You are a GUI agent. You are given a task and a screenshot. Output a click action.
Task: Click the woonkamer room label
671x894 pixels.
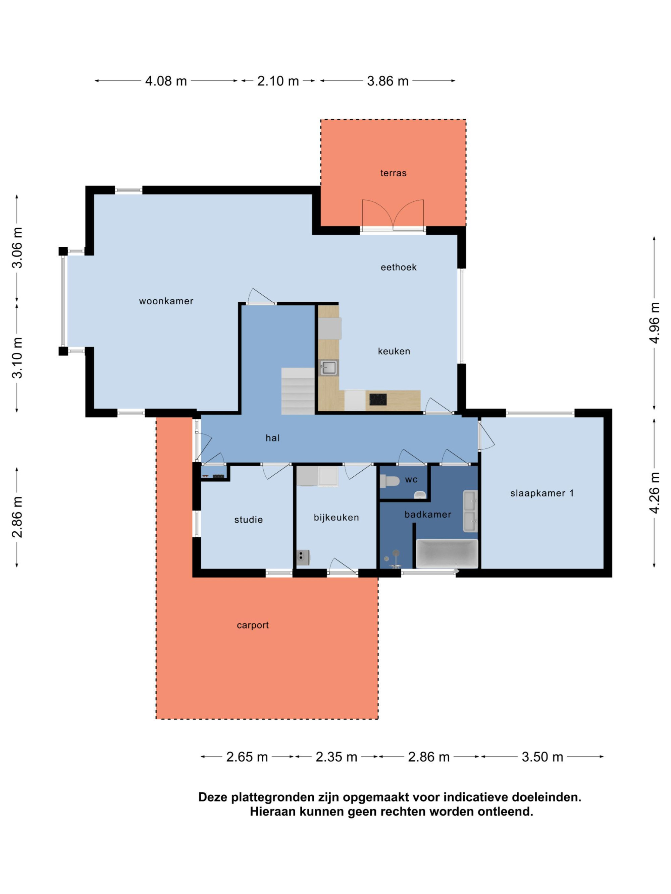(x=166, y=301)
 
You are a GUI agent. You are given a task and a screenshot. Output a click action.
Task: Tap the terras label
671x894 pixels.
(x=393, y=173)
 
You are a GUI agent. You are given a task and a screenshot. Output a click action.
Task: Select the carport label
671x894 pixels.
(x=252, y=625)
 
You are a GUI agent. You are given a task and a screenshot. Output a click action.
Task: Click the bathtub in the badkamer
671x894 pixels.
(x=447, y=554)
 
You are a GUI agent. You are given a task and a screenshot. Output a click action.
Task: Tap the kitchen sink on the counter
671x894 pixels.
(x=328, y=368)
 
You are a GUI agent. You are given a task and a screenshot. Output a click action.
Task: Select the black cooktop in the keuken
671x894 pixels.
(x=378, y=399)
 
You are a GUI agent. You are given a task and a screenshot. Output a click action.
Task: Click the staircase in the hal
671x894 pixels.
(x=298, y=391)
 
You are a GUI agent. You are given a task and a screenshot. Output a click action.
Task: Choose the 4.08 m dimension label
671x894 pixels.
(x=166, y=81)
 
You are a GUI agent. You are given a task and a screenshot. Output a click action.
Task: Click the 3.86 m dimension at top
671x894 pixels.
(x=388, y=81)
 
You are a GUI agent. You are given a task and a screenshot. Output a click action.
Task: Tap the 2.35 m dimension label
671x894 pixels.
(x=336, y=757)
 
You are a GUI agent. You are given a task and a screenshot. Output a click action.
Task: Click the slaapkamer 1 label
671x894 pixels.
(x=542, y=493)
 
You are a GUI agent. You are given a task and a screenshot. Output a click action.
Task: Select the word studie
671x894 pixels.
(x=248, y=520)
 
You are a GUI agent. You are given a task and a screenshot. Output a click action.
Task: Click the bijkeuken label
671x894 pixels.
(x=336, y=517)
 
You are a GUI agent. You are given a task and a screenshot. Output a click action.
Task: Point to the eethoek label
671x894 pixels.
(x=398, y=267)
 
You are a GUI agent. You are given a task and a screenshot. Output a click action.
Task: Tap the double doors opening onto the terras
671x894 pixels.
(x=393, y=215)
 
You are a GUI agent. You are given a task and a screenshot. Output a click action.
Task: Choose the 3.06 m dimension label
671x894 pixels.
(x=17, y=248)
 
